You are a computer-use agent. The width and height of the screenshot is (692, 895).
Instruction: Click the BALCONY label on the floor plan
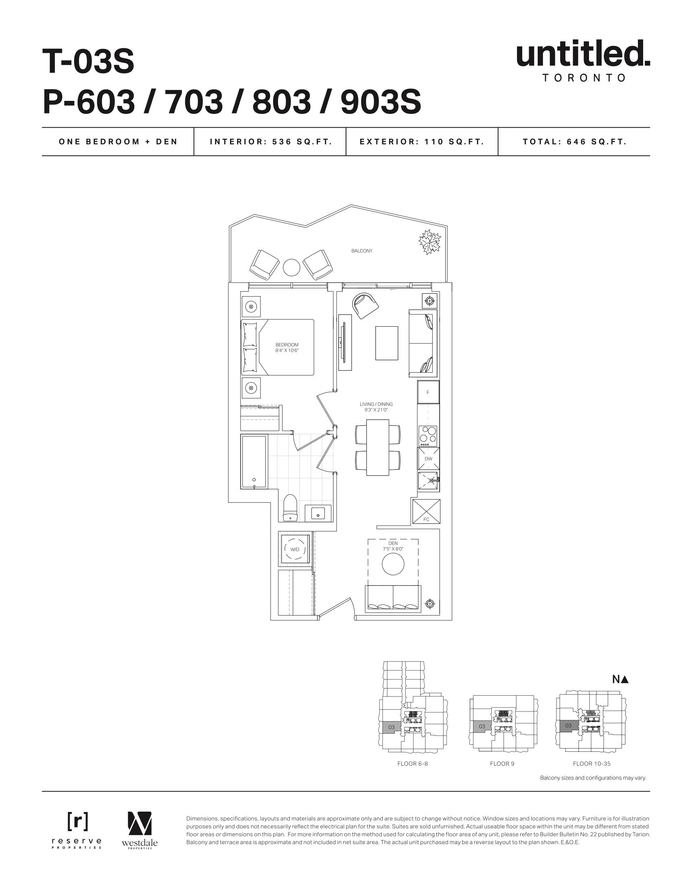point(361,251)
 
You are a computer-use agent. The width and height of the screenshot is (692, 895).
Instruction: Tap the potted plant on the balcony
point(430,242)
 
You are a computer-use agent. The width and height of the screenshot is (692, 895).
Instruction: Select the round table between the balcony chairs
point(291,268)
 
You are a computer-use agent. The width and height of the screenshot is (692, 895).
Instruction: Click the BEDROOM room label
point(287,345)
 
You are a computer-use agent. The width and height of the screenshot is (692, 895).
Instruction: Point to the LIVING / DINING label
point(376,404)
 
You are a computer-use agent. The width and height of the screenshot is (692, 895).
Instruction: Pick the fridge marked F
point(428,392)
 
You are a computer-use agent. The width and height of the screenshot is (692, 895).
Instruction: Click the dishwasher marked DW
point(428,458)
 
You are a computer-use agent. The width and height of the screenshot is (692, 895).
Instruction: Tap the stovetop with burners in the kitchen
point(428,436)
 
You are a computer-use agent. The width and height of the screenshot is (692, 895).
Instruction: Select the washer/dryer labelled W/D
point(295,549)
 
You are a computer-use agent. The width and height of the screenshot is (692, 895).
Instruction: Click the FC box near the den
point(426,511)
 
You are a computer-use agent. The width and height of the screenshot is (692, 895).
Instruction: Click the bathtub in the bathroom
point(254,462)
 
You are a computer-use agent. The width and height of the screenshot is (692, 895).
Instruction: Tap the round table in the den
point(393,564)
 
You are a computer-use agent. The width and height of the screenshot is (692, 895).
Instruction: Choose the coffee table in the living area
point(387,343)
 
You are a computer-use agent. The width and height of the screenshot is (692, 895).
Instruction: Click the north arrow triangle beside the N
point(625,679)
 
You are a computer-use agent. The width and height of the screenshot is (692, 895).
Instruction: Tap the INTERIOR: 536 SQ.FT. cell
point(270,142)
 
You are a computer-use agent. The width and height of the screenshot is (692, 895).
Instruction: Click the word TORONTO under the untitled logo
point(584,78)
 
